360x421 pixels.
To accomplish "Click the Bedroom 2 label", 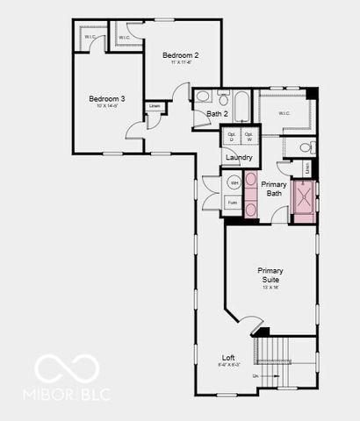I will point(181,55).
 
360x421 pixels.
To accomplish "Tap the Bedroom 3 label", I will point(106,99).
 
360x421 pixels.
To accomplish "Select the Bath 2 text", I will point(217,114).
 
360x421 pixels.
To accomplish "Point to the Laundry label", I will point(239,157).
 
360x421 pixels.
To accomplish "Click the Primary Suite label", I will point(270,275).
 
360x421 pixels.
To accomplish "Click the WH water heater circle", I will point(234,183).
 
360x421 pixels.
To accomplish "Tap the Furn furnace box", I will point(233,203).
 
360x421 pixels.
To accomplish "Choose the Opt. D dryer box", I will point(232,136).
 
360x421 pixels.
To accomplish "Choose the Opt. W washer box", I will point(248,136).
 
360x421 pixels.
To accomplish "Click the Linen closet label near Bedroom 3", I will point(155,106).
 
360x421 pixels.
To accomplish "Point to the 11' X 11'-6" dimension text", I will point(181,63).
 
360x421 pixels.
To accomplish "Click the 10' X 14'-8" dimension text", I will point(106,107).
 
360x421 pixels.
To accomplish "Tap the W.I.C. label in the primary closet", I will point(284,113).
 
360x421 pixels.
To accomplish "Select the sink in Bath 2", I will point(201,97).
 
